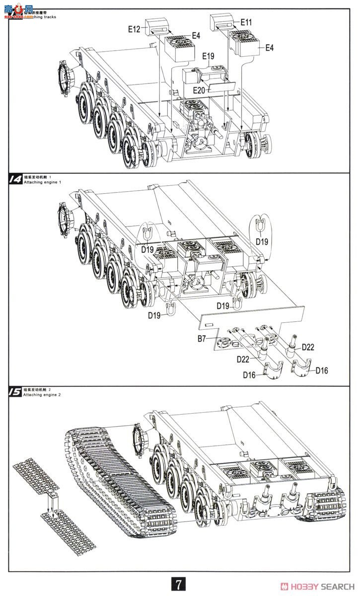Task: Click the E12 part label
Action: click(134, 29)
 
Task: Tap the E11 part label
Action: click(246, 22)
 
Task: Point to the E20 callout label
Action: click(199, 90)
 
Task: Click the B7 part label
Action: click(202, 339)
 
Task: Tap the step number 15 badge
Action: click(15, 392)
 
